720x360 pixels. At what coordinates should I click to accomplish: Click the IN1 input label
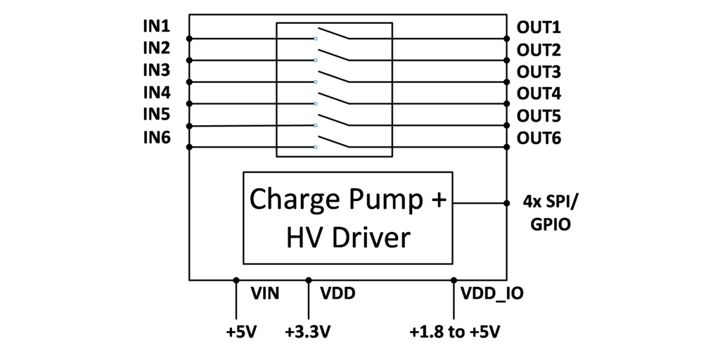click(156, 27)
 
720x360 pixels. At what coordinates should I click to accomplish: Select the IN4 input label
click(156, 92)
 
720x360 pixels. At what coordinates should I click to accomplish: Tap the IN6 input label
click(156, 137)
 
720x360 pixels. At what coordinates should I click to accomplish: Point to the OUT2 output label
click(539, 50)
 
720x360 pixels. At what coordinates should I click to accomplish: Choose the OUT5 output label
click(539, 116)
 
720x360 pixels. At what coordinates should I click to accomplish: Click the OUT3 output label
click(539, 72)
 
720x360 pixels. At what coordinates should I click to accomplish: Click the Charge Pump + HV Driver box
click(349, 217)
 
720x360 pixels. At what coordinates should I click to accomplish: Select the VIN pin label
click(265, 293)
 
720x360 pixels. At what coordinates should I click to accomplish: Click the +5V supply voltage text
click(242, 331)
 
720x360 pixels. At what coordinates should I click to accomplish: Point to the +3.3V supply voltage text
click(308, 331)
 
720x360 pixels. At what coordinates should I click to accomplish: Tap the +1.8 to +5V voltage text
click(455, 331)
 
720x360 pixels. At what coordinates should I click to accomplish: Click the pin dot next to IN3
click(189, 82)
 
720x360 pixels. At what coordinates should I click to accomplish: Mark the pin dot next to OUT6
click(507, 147)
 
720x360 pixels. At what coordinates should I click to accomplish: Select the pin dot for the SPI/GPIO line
click(507, 203)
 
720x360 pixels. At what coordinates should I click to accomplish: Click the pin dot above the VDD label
click(308, 280)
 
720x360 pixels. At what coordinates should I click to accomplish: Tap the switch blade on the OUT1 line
click(333, 33)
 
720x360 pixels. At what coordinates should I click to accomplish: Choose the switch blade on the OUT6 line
click(333, 141)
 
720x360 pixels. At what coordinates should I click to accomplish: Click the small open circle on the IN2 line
click(316, 60)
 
